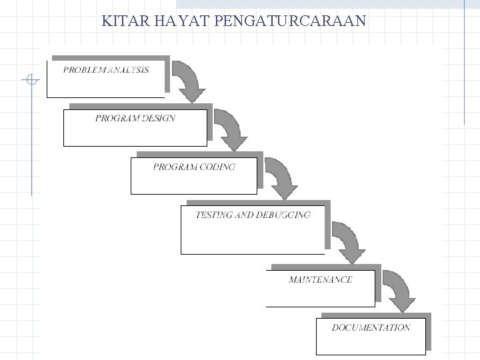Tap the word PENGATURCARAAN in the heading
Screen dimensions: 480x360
coord(290,21)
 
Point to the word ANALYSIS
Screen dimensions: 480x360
coord(128,70)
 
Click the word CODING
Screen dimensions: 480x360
coord(217,167)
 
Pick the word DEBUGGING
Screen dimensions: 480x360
coord(283,215)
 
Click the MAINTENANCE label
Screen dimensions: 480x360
coord(321,279)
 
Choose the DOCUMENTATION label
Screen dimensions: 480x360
coord(371,328)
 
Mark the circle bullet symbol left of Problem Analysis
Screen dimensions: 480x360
coord(31,79)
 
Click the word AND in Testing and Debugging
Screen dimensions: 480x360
coord(244,215)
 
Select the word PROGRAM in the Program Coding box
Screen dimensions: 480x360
coord(175,167)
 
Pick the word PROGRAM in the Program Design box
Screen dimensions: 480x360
coord(117,118)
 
